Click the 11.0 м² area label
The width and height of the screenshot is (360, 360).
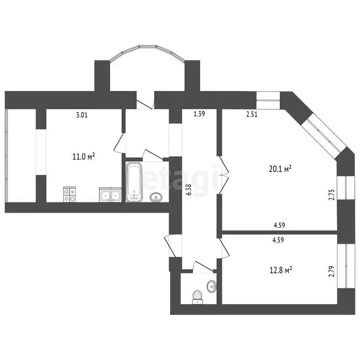84,157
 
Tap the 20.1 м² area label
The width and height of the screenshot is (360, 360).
280,169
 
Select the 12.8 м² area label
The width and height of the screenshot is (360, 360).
281,270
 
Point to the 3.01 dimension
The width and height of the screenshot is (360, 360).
82,114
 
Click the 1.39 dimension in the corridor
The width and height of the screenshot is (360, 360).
199,114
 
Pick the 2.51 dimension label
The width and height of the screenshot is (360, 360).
252,114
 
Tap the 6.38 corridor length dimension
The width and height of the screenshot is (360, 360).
189,190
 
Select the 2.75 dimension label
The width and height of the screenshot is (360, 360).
332,195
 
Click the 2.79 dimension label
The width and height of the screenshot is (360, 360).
332,271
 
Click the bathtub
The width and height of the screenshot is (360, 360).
135,182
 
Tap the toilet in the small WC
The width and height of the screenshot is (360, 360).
197,297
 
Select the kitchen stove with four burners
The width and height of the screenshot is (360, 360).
69,195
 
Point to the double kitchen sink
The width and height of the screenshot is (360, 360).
110,195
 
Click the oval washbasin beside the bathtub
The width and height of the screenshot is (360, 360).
156,197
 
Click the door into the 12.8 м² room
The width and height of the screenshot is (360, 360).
224,248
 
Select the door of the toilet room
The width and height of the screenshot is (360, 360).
203,267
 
